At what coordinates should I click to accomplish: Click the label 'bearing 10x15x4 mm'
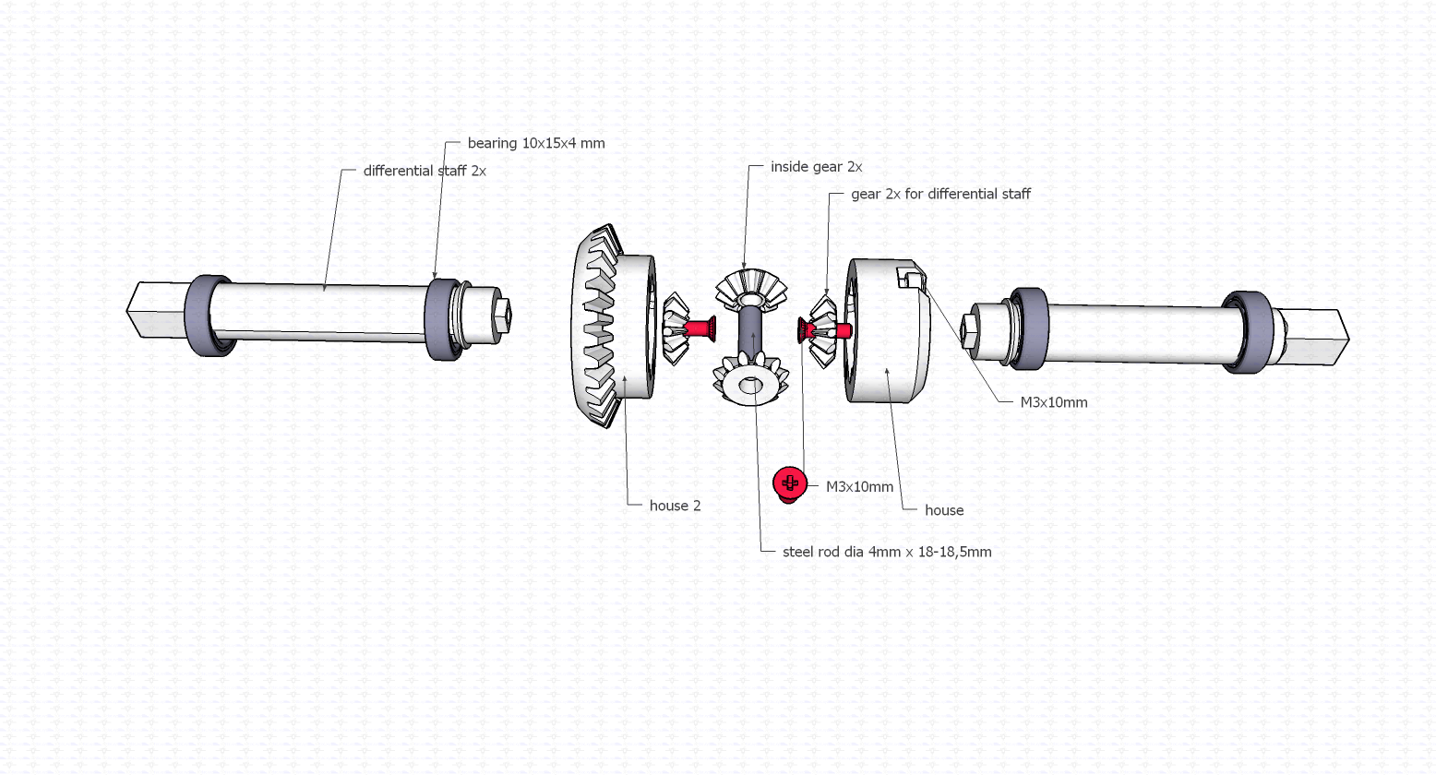(535, 143)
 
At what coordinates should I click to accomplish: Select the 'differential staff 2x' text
(424, 171)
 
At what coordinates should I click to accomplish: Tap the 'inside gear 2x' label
(816, 167)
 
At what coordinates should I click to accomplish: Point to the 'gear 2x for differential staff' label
(939, 194)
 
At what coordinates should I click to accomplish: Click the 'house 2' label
(675, 506)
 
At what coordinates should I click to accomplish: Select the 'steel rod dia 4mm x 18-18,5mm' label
(886, 552)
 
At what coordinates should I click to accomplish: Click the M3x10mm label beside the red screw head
(859, 486)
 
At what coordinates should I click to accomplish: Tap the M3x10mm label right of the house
(1053, 402)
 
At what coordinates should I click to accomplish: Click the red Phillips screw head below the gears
(789, 483)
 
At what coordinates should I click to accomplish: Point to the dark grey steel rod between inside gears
(749, 332)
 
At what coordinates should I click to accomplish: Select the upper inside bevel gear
(751, 288)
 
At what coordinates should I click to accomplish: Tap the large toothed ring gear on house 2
(597, 328)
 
